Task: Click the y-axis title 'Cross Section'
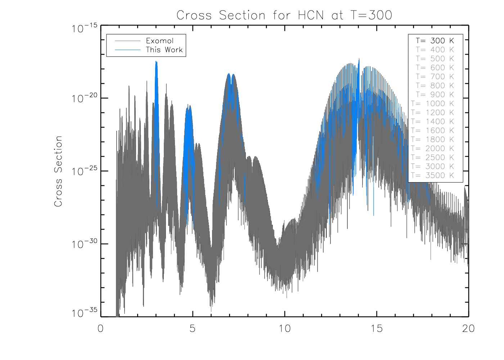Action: pyautogui.click(x=58, y=171)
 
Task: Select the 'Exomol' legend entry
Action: pyautogui.click(x=159, y=41)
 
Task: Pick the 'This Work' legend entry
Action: pyautogui.click(x=164, y=50)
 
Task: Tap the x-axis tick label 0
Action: pyautogui.click(x=100, y=328)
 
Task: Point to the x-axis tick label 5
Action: pyautogui.click(x=193, y=328)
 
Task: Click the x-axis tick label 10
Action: pyautogui.click(x=285, y=328)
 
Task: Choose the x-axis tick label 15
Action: pyautogui.click(x=377, y=328)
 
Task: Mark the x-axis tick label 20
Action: pyautogui.click(x=468, y=328)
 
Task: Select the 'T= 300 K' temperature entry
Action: pyautogui.click(x=435, y=41)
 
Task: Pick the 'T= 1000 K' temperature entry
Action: pyautogui.click(x=433, y=104)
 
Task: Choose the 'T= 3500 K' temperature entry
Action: pyautogui.click(x=433, y=176)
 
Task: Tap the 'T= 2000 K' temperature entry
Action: pyautogui.click(x=433, y=149)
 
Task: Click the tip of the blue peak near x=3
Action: pyautogui.click(x=156, y=62)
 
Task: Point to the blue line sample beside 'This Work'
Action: pyautogui.click(x=127, y=50)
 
